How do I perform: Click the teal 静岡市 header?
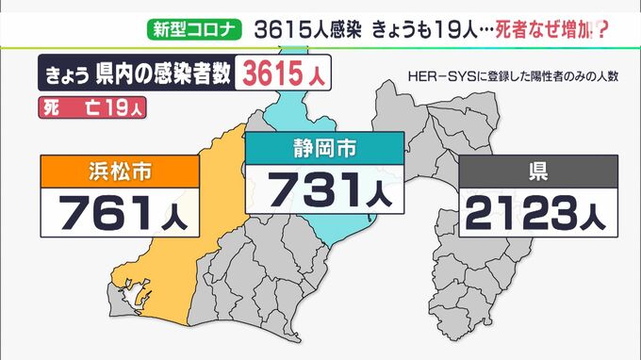[x=323, y=148]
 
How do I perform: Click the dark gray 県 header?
[x=538, y=172]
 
